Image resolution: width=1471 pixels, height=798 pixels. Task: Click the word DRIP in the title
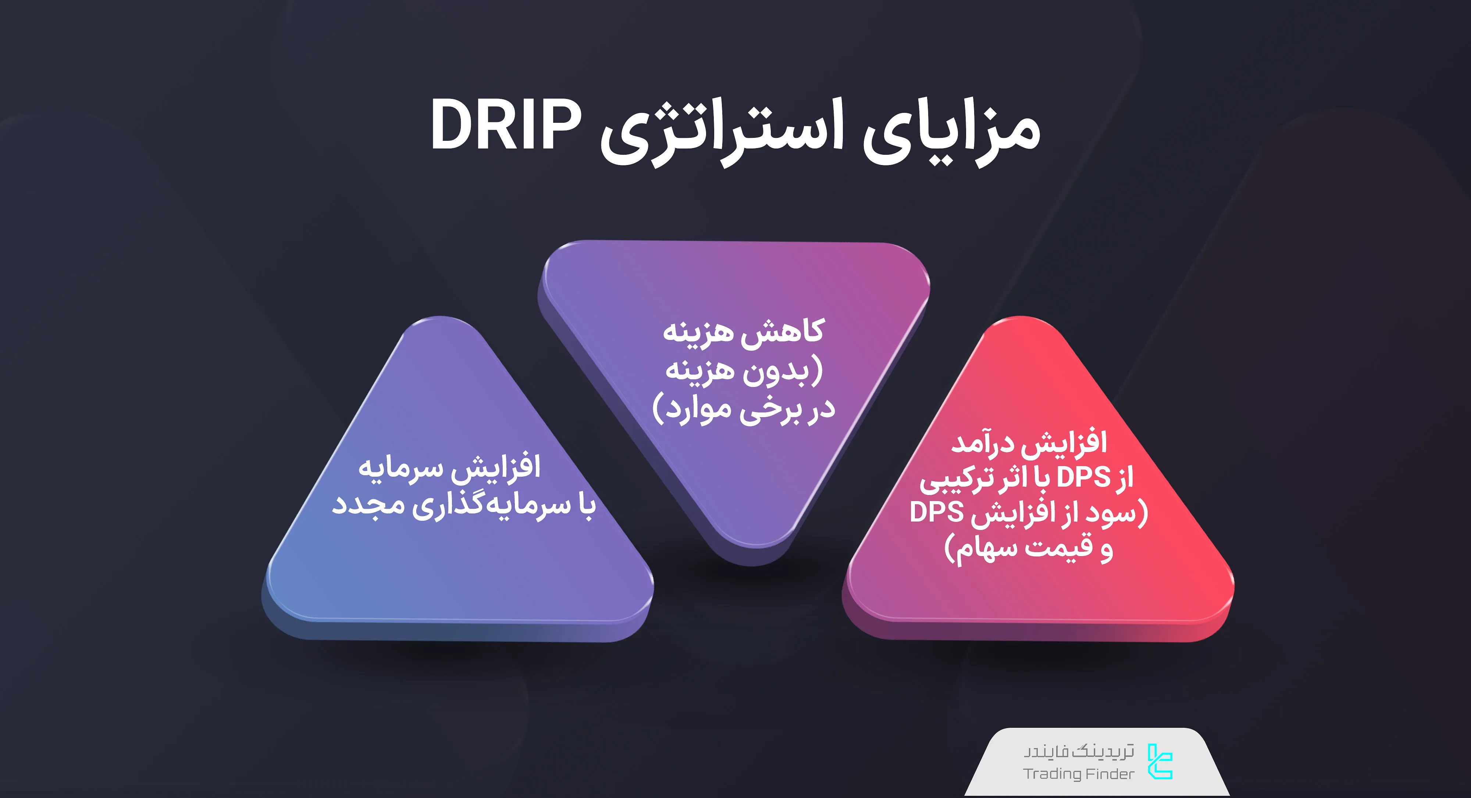tap(505, 126)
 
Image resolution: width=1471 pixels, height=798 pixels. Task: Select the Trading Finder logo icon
tap(1160, 762)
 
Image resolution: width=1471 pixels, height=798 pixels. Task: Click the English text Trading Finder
tap(1078, 774)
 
